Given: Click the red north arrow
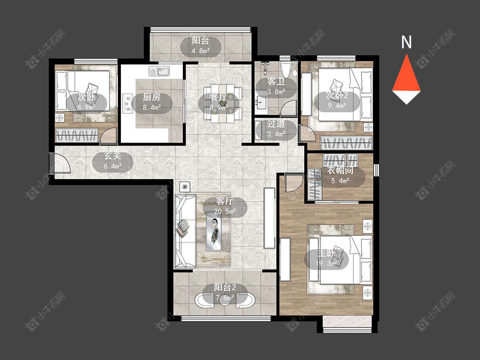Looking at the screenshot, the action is click(x=406, y=73).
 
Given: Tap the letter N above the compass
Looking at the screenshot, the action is click(x=407, y=42).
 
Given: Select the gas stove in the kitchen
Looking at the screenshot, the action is click(x=127, y=104).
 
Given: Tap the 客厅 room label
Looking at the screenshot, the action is click(x=225, y=202).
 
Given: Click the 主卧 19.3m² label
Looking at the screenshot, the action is click(x=326, y=258).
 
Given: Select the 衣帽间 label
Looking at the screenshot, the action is click(x=340, y=170).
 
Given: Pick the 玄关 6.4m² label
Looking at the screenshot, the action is click(x=113, y=161).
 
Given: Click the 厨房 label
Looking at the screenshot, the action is click(x=152, y=97).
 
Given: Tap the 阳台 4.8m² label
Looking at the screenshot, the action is click(x=201, y=46).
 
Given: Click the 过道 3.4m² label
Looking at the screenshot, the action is click(x=276, y=129).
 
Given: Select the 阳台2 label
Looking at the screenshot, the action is click(x=225, y=288).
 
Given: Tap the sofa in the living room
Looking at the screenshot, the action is click(x=185, y=231).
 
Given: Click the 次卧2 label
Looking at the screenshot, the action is click(x=337, y=96).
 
